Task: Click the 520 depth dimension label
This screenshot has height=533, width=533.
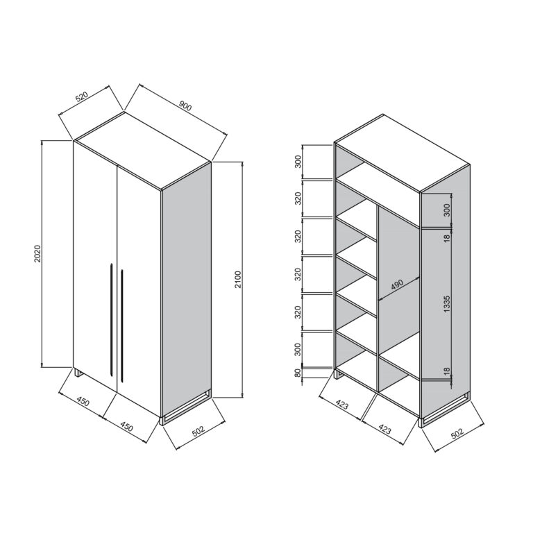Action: (82, 96)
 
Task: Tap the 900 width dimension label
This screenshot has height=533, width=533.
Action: (185, 106)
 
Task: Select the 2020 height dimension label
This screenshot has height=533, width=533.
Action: (37, 253)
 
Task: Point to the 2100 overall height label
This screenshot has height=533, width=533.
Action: (237, 280)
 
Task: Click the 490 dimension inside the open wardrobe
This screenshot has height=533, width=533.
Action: (397, 285)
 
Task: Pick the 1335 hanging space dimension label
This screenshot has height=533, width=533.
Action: (447, 304)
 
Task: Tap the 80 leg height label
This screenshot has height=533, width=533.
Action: (298, 373)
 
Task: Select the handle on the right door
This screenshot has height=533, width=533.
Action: (121, 326)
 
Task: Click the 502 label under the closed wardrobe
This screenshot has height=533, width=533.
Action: (198, 430)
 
